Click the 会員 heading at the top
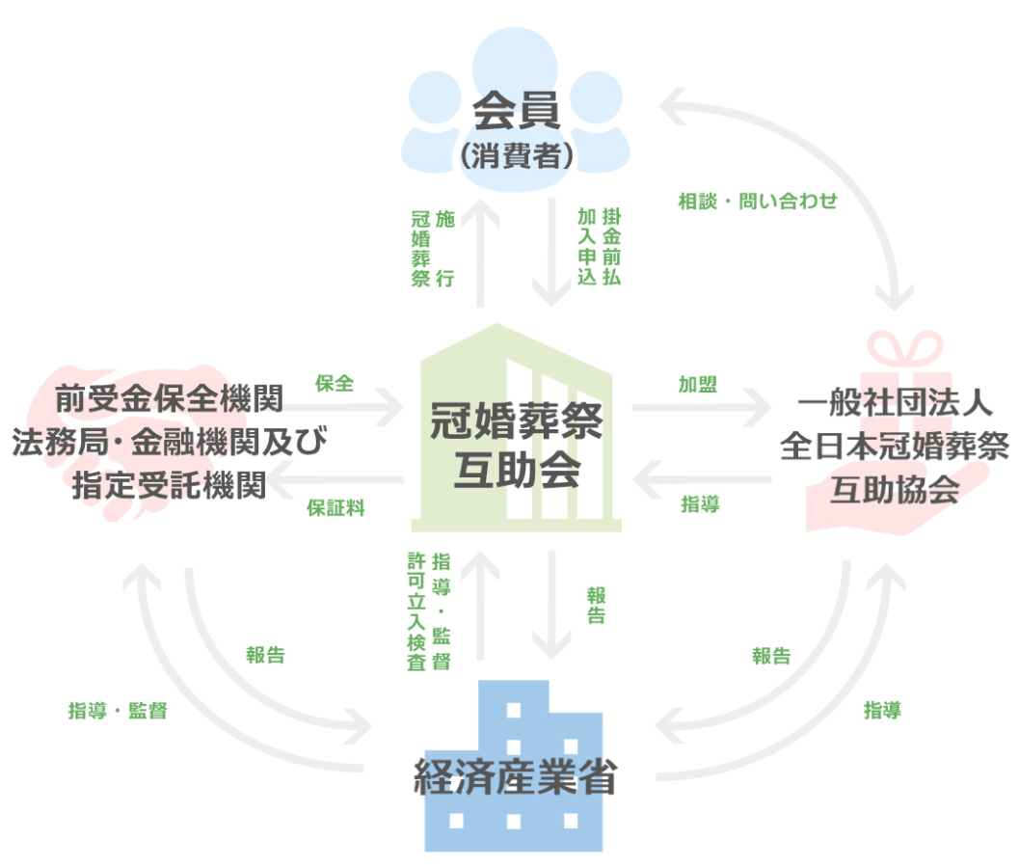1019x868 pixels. [516, 111]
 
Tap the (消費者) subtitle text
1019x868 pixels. [517, 155]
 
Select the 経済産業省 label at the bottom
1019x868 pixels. [516, 776]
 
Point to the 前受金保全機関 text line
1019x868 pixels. [169, 398]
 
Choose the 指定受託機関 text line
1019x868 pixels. [169, 486]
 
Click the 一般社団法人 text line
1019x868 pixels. [895, 402]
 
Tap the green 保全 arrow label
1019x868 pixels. [335, 384]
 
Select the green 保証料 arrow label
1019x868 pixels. [336, 508]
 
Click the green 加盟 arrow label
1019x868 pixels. [698, 384]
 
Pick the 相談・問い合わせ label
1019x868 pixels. [758, 202]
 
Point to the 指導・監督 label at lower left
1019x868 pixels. [118, 711]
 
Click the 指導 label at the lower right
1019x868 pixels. [882, 710]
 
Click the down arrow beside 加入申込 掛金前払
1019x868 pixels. [551, 253]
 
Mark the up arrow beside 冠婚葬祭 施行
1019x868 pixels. [480, 253]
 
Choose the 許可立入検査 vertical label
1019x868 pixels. [416, 611]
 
